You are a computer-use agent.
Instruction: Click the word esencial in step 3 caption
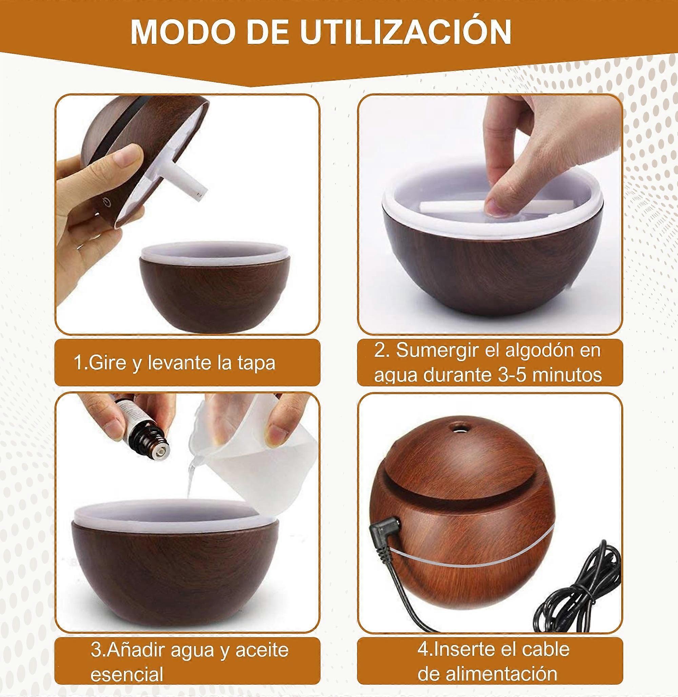127,675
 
